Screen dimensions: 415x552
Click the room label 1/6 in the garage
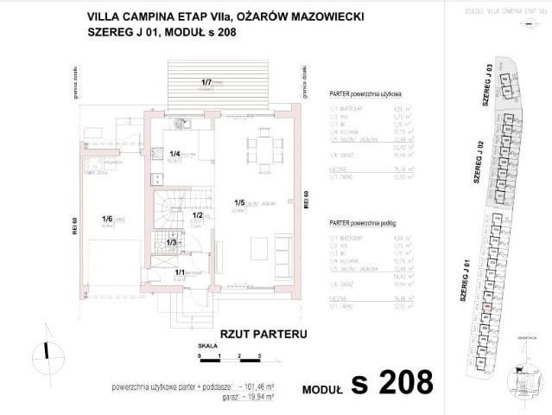[x=108, y=220]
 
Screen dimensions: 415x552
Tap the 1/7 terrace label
[x=207, y=82]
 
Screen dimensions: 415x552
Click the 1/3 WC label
[x=171, y=242]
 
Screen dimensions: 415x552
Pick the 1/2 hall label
[x=196, y=215]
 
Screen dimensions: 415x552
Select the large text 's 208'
[x=391, y=381]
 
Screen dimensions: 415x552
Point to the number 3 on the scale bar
[x=260, y=356]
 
